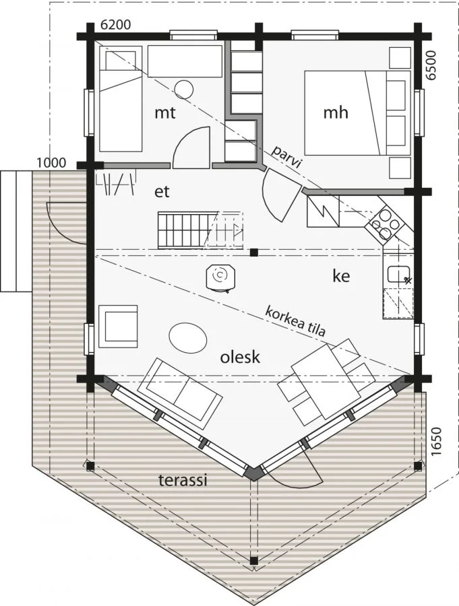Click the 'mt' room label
pos(165,113)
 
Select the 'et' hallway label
pos(162,192)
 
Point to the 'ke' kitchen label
pos(341,276)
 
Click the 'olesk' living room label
pos(240,357)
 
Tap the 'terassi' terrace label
pos(183,480)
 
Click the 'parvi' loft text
pos(286,157)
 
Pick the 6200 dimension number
pos(116,25)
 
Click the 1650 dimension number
pos(435,442)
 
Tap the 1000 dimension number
pos(51,163)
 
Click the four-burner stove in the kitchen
pos(384,224)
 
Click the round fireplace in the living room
pos(220,276)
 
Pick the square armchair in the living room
pos(118,327)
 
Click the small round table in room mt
pos(184,90)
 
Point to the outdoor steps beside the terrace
pos(16,231)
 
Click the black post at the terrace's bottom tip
pos(253,560)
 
